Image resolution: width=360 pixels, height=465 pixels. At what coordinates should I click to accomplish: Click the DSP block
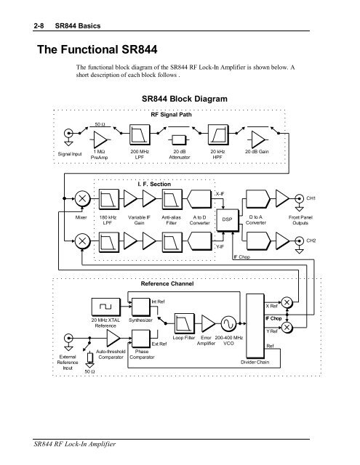coord(228,219)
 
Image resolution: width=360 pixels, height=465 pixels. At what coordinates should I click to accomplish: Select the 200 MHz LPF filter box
coord(140,135)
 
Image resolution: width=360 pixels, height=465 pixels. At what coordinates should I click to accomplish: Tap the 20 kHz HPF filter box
coord(218,135)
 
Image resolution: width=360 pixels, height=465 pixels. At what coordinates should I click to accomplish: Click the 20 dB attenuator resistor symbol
coord(179,139)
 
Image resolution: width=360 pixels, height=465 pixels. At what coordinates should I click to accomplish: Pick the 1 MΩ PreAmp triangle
coord(100,139)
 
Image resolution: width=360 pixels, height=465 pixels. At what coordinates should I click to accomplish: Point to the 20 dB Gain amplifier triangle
coord(258,139)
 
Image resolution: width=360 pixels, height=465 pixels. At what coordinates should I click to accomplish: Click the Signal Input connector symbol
coord(68,133)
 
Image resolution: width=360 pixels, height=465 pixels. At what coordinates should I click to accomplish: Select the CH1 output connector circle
coord(299,198)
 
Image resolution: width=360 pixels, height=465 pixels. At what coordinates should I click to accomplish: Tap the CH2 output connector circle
coord(299,240)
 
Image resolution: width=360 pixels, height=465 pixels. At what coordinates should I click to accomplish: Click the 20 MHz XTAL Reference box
coord(106,307)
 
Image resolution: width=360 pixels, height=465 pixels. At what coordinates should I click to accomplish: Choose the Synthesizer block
coord(141,307)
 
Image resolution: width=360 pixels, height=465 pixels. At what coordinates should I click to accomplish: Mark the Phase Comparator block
coord(141,339)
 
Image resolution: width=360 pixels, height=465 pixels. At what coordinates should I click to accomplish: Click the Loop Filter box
coord(184,323)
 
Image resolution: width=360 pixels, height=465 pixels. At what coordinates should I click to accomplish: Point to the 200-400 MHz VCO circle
coord(229,323)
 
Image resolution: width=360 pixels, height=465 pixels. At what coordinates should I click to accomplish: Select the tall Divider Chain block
coord(255,326)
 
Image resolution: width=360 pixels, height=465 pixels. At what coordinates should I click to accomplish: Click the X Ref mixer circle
coord(287,302)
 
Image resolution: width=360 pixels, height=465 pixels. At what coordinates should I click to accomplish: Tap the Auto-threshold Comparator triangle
coord(113,338)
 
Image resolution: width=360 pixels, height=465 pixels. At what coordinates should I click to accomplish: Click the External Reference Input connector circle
coord(68,338)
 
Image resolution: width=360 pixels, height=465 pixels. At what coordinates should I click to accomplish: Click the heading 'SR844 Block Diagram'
coord(185,99)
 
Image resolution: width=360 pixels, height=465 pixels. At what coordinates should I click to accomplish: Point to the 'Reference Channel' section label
coord(167,284)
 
